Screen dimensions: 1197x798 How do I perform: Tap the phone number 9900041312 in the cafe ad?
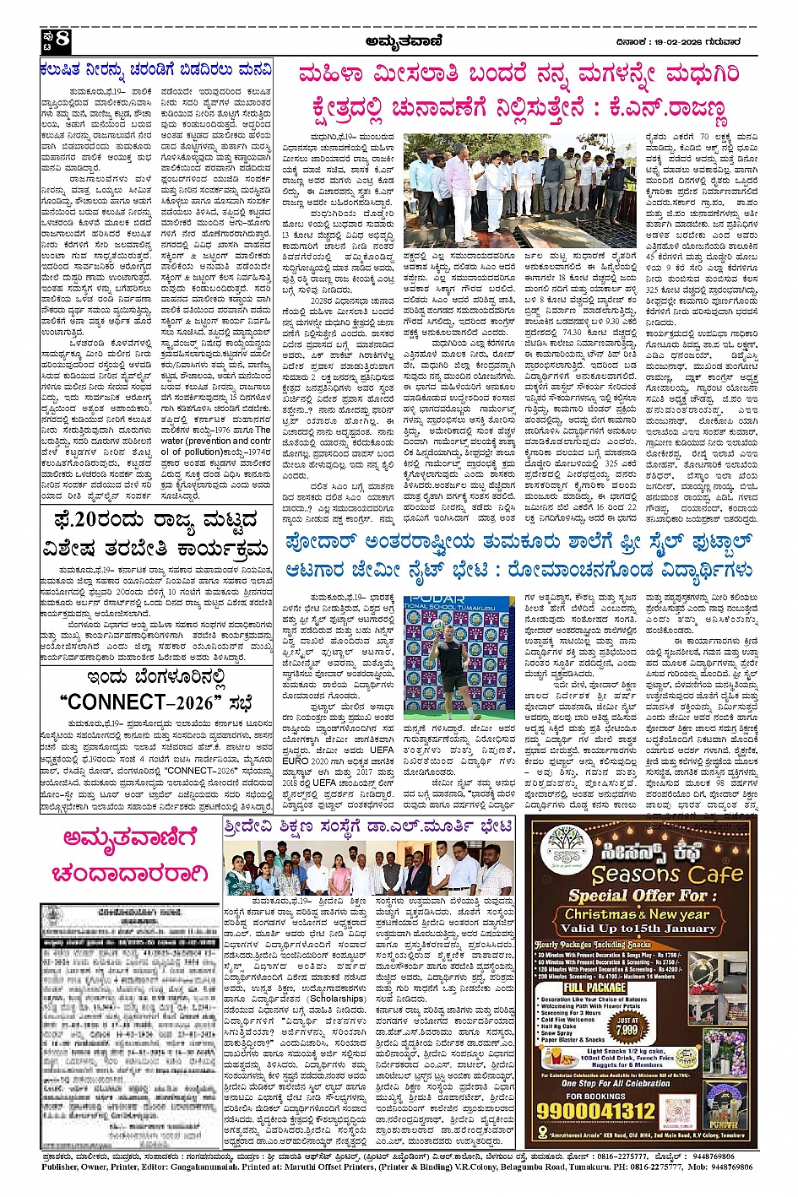tap(608, 1110)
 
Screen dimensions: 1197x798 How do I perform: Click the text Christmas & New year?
tap(638, 914)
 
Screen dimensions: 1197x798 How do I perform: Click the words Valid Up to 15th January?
tap(638, 928)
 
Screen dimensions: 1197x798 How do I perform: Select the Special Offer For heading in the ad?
tap(638, 895)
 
